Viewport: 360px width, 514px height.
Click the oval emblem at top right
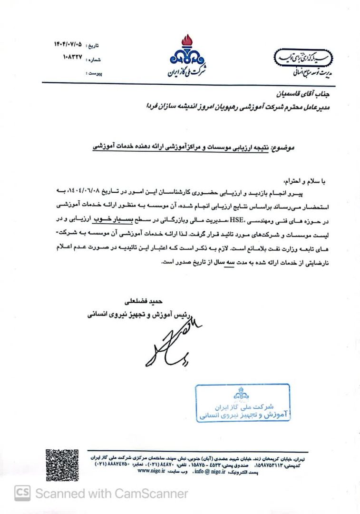click(304, 57)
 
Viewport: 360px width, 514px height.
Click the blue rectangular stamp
click(243, 402)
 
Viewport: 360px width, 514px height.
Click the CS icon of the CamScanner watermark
click(22, 494)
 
